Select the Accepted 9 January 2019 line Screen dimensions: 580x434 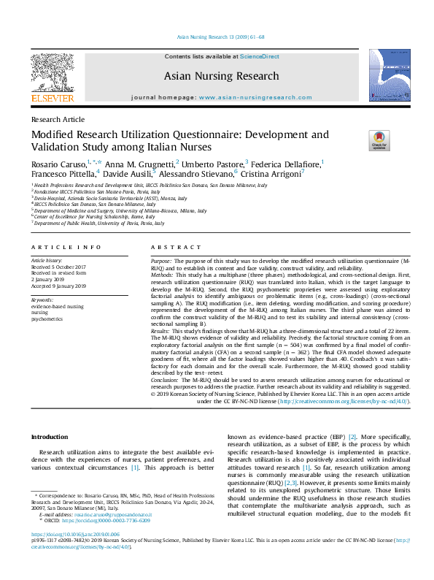pyautogui.click(x=58, y=286)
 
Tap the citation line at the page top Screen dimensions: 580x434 pyautogui.click(x=217, y=36)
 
